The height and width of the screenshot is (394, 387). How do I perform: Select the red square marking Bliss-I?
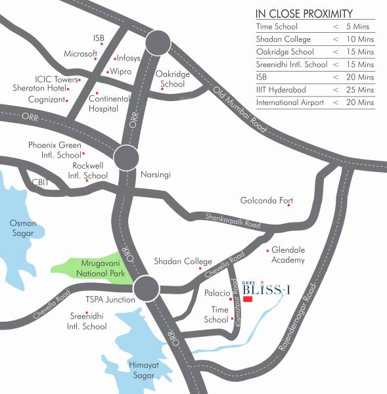247,299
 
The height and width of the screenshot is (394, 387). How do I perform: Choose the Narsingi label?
156,175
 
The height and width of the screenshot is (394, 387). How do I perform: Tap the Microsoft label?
80,53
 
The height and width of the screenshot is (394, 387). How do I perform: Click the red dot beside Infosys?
114,58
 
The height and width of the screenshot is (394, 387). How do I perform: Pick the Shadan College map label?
183,261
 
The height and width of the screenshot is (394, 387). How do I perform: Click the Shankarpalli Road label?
233,221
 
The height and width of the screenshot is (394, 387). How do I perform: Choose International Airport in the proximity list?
289,102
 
